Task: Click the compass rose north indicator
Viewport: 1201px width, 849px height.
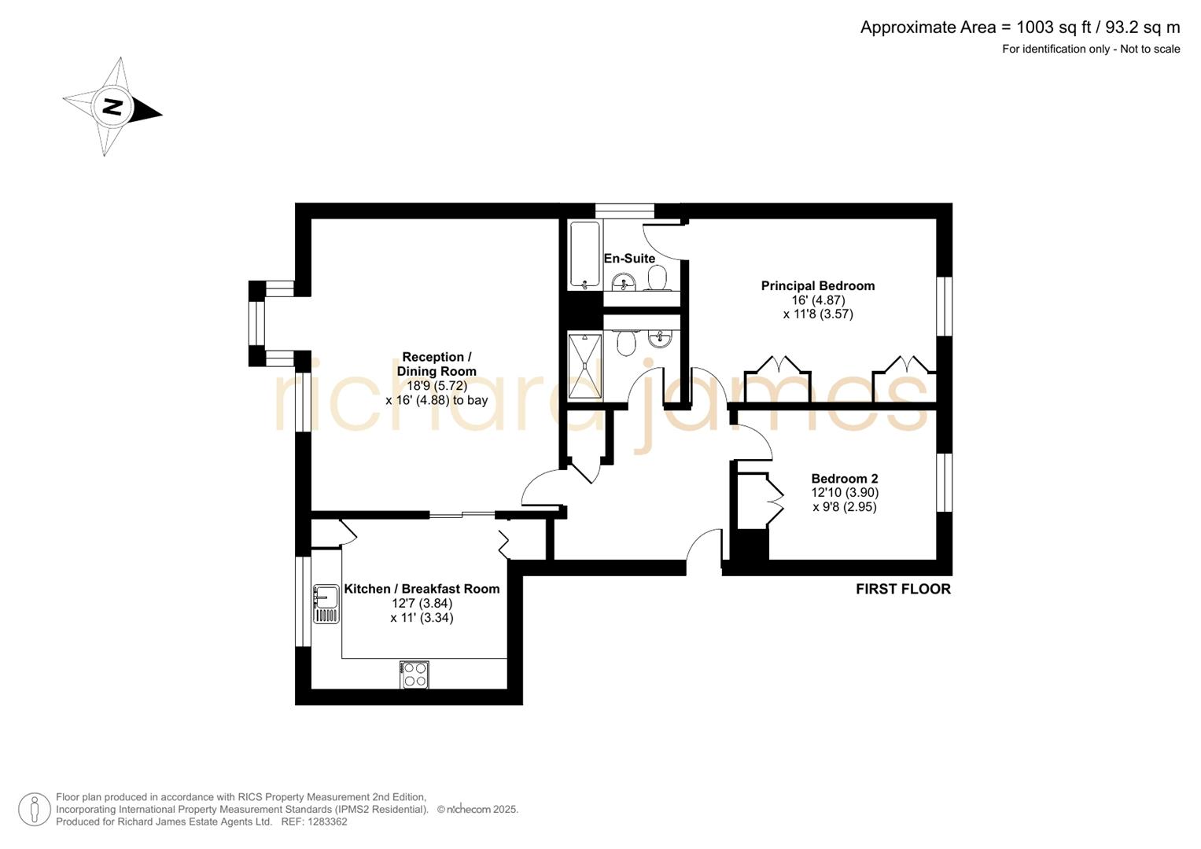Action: [112, 107]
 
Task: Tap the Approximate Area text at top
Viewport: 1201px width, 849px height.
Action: [1019, 28]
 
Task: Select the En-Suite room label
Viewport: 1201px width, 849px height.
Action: [629, 259]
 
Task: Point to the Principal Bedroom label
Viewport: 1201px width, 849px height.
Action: [817, 286]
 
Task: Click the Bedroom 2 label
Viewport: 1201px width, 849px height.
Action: [844, 479]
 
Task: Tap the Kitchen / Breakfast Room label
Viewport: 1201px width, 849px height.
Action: [422, 589]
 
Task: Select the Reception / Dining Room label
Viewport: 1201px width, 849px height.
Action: [437, 364]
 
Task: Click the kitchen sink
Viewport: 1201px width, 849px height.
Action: [326, 605]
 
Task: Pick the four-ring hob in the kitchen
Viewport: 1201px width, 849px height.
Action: [414, 674]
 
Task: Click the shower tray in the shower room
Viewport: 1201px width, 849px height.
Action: [584, 366]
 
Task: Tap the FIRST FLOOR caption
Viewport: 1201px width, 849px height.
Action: [903, 589]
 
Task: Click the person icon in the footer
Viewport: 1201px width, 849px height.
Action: [35, 809]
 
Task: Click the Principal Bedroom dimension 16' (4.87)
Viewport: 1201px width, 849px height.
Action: [818, 300]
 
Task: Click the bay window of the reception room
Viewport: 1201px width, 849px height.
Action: [257, 323]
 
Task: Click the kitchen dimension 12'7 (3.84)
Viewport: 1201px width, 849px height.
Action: [422, 604]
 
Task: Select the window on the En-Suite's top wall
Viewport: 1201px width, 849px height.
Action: [624, 210]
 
